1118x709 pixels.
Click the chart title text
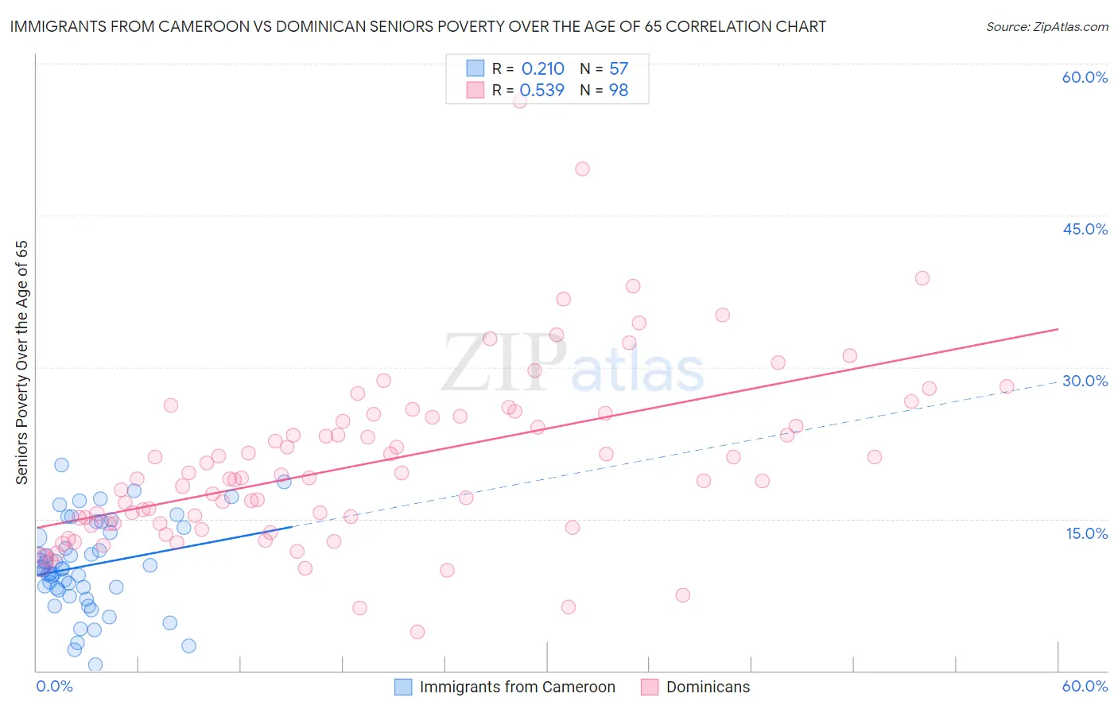point(418,26)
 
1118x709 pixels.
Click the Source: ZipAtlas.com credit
point(1046,26)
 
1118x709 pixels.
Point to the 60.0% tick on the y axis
point(1085,77)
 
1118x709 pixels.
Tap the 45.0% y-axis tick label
point(1085,229)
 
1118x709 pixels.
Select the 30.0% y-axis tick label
point(1085,381)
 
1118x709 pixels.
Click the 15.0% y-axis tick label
point(1086,533)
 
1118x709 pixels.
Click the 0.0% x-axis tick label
point(54,686)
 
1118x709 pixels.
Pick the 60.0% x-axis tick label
point(1085,686)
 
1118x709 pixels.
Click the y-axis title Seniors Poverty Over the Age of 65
point(21,362)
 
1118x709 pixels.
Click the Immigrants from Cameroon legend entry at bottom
point(517,687)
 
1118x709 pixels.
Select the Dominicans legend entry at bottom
point(708,687)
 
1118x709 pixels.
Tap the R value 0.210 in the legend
point(542,68)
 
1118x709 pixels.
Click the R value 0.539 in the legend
point(542,90)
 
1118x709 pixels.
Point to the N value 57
point(619,68)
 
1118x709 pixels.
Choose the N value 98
point(619,90)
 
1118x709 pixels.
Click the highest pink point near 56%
point(520,100)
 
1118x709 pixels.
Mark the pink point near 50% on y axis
point(582,169)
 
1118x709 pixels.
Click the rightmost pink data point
point(1007,386)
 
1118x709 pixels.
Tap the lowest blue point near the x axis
point(95,664)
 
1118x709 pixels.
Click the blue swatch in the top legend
point(475,68)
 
